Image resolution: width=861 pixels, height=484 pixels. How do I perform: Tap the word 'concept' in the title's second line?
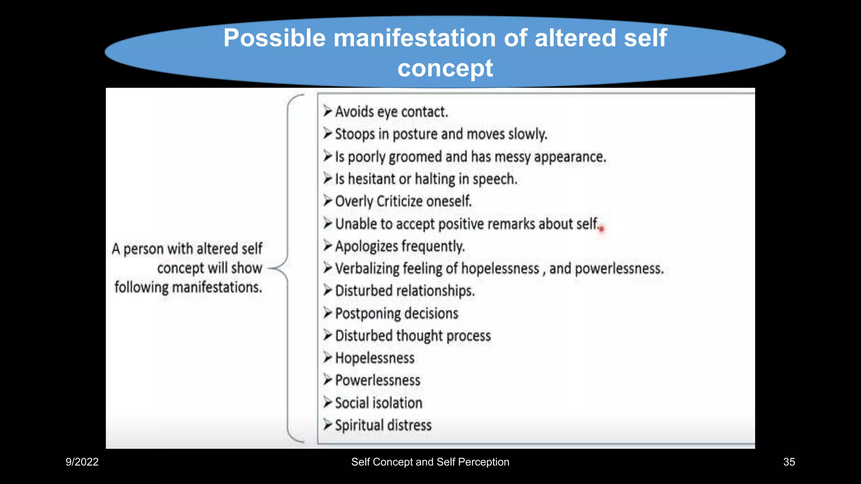tap(445, 68)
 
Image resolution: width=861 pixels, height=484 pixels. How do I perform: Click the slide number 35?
tap(789, 462)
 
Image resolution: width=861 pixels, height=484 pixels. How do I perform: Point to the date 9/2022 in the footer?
tap(82, 462)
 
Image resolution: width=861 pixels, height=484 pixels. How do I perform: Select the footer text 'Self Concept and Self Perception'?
tap(430, 462)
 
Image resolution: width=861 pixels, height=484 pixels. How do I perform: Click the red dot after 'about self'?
tap(601, 229)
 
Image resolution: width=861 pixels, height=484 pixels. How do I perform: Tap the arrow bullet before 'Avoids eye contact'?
tap(327, 111)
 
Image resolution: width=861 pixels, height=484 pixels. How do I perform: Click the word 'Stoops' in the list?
tap(355, 134)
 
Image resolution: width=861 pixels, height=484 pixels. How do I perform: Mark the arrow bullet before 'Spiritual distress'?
tap(327, 425)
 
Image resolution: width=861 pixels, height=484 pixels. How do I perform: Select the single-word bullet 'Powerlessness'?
tap(378, 381)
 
